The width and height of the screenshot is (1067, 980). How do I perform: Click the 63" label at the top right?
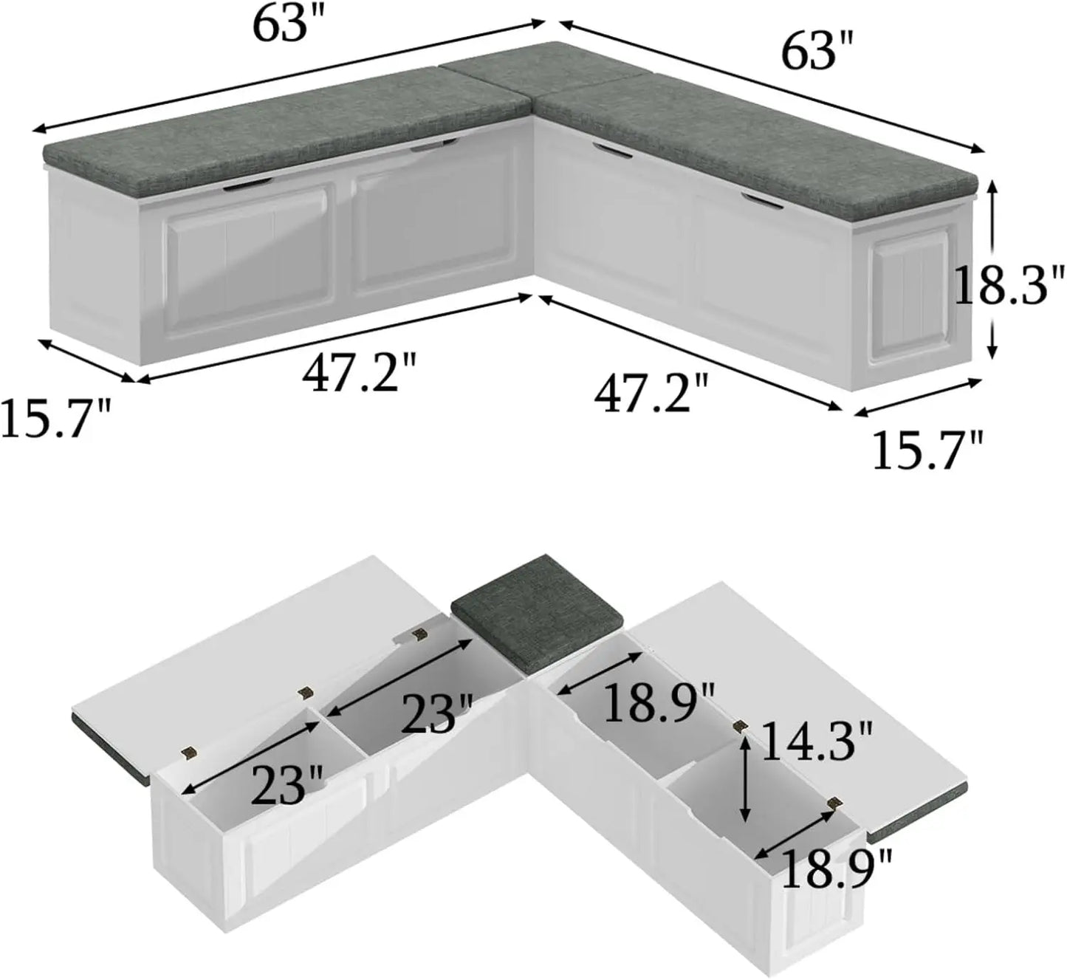[x=817, y=53]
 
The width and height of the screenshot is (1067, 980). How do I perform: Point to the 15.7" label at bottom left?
[x=55, y=418]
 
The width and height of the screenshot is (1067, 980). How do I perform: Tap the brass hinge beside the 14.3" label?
[x=736, y=726]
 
